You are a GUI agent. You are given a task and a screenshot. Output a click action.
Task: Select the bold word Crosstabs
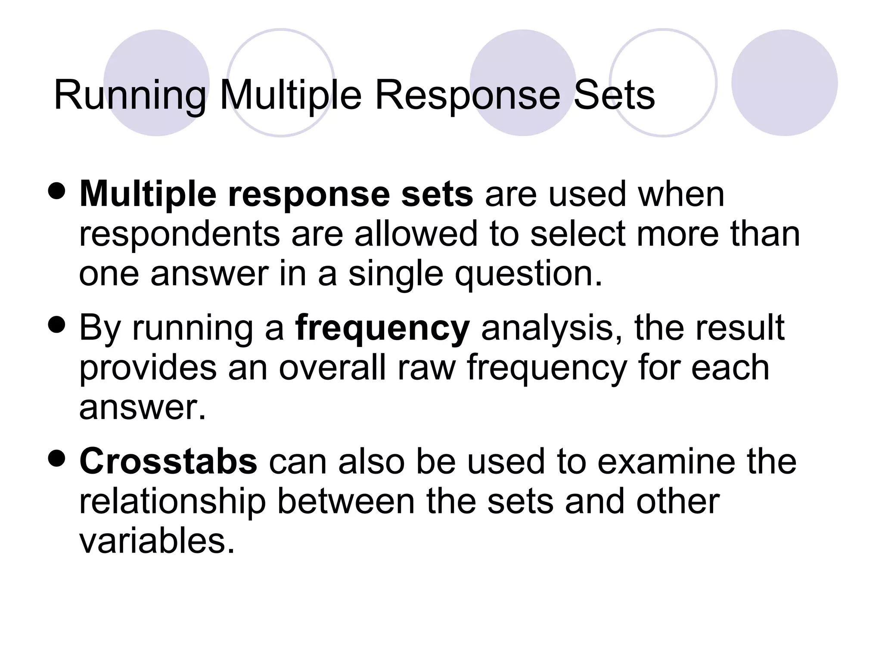point(168,461)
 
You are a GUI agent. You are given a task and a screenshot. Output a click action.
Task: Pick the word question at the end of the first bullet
point(528,275)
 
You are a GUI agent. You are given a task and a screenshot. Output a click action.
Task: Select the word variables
point(157,541)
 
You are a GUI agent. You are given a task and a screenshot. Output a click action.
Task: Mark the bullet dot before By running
point(57,326)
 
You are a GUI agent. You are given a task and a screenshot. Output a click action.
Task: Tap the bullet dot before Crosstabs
point(57,459)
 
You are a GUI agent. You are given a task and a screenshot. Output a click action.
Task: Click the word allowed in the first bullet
point(416,234)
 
